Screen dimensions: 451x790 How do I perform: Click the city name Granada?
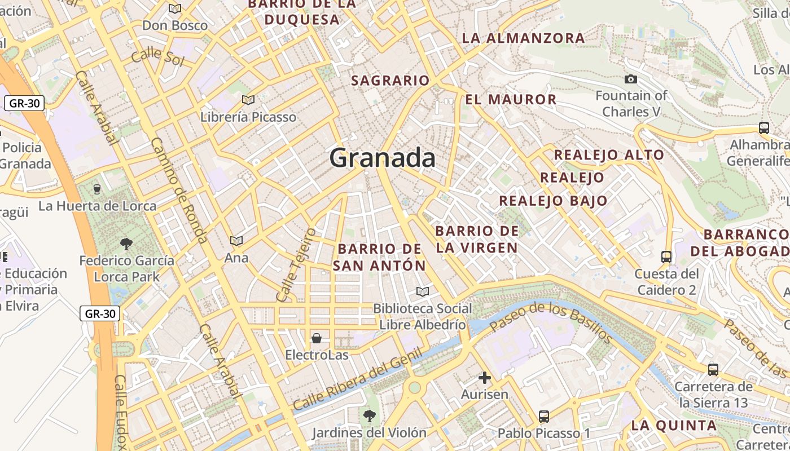pos(383,158)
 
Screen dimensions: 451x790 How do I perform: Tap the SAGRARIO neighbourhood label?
pos(390,81)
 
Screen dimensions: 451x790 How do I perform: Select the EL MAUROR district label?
pos(511,100)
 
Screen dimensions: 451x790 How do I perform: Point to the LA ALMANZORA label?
pos(524,38)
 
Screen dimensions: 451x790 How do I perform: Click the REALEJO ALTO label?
pos(609,155)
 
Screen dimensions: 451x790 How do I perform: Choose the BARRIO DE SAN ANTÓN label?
pos(379,257)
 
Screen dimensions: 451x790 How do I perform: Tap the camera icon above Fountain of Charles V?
pos(631,79)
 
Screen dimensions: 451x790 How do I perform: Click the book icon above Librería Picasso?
pos(248,100)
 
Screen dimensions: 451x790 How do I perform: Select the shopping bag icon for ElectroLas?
pos(317,338)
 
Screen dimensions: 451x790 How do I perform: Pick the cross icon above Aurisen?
pos(484,377)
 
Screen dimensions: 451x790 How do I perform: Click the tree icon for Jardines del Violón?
pos(370,416)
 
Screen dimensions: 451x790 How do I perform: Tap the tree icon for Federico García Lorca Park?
pos(126,244)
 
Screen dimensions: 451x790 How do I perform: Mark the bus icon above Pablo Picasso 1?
pos(543,417)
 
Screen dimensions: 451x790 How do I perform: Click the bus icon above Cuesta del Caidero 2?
pos(666,257)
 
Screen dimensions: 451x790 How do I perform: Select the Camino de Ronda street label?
pos(179,189)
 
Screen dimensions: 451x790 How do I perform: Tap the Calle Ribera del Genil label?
pos(357,379)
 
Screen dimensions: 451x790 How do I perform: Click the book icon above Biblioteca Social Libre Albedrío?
pos(422,291)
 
